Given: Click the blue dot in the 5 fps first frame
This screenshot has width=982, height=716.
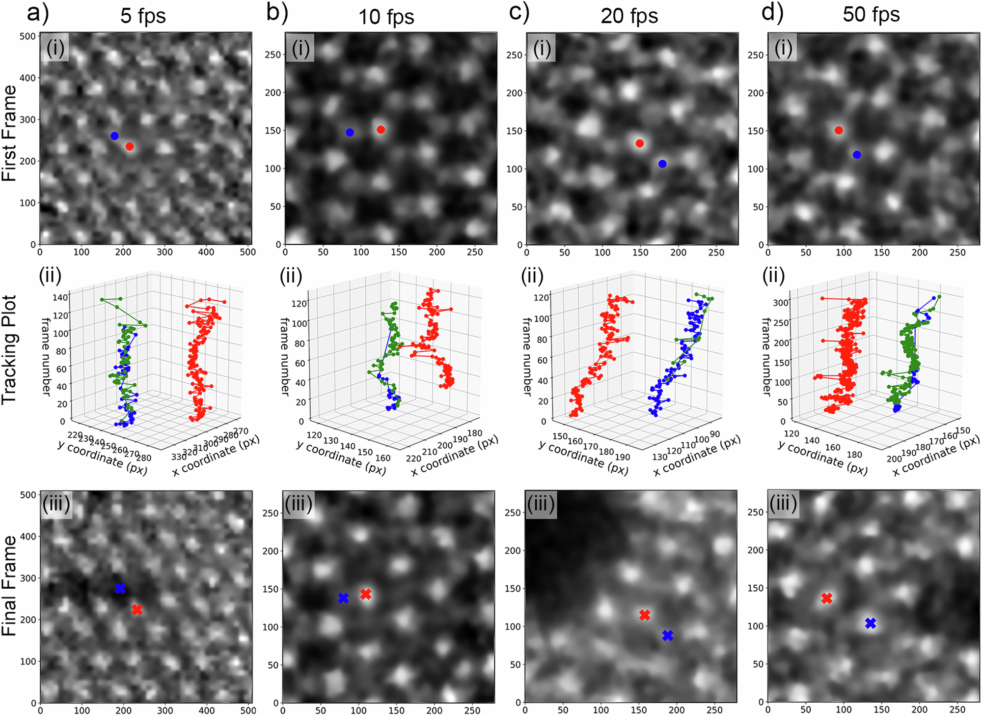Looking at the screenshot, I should click(114, 136).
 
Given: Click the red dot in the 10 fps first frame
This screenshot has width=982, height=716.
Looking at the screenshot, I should click(381, 130).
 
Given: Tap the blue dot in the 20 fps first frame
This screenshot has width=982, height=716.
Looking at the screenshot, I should click(662, 164).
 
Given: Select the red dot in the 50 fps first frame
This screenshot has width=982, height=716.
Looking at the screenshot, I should click(839, 130).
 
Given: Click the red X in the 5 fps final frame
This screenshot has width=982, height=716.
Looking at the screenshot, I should click(137, 610).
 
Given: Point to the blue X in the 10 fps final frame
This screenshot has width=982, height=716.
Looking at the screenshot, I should click(344, 598).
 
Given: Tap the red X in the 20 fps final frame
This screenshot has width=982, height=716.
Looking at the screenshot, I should click(645, 615).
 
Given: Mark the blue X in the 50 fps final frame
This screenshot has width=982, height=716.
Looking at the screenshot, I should click(871, 623).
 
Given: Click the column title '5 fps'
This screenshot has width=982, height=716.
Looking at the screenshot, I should click(143, 16).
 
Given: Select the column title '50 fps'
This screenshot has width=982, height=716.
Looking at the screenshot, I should click(871, 15).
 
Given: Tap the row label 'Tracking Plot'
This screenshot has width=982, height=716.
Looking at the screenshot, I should click(10, 350).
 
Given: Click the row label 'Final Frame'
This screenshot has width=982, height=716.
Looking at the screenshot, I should click(10, 586).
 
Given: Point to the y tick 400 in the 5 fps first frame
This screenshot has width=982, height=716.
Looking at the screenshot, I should click(27, 78).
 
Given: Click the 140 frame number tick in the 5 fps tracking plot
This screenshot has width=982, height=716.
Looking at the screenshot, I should click(60, 297).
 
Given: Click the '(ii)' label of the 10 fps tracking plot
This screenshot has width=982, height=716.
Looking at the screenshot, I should click(291, 277).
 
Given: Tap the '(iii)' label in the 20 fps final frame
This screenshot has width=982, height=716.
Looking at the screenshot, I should click(541, 504).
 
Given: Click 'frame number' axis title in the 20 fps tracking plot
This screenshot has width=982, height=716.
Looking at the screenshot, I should click(527, 356).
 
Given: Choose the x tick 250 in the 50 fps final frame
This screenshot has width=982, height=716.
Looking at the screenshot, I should click(957, 710).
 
